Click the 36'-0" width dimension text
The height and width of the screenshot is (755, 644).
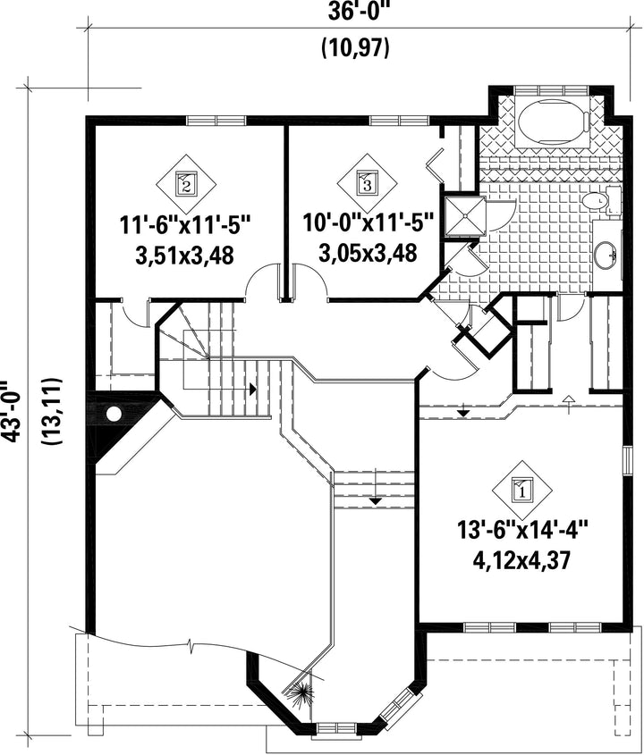click(x=358, y=11)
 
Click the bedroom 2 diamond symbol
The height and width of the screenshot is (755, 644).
click(x=187, y=184)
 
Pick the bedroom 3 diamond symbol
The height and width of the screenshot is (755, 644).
click(x=367, y=184)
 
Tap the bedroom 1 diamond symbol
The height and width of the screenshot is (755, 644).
click(x=522, y=491)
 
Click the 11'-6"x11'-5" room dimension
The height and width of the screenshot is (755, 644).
click(x=185, y=225)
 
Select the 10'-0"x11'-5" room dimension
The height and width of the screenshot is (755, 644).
click(x=369, y=223)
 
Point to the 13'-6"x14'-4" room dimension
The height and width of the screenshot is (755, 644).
click(x=523, y=532)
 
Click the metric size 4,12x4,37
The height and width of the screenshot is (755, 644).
click(x=523, y=559)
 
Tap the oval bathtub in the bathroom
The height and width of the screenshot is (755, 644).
click(x=552, y=122)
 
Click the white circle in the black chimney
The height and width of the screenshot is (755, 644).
click(x=114, y=415)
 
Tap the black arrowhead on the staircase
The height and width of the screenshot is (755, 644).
click(x=252, y=388)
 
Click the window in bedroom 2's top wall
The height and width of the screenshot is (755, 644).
click(x=216, y=121)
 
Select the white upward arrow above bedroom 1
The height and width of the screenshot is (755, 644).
click(x=569, y=399)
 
